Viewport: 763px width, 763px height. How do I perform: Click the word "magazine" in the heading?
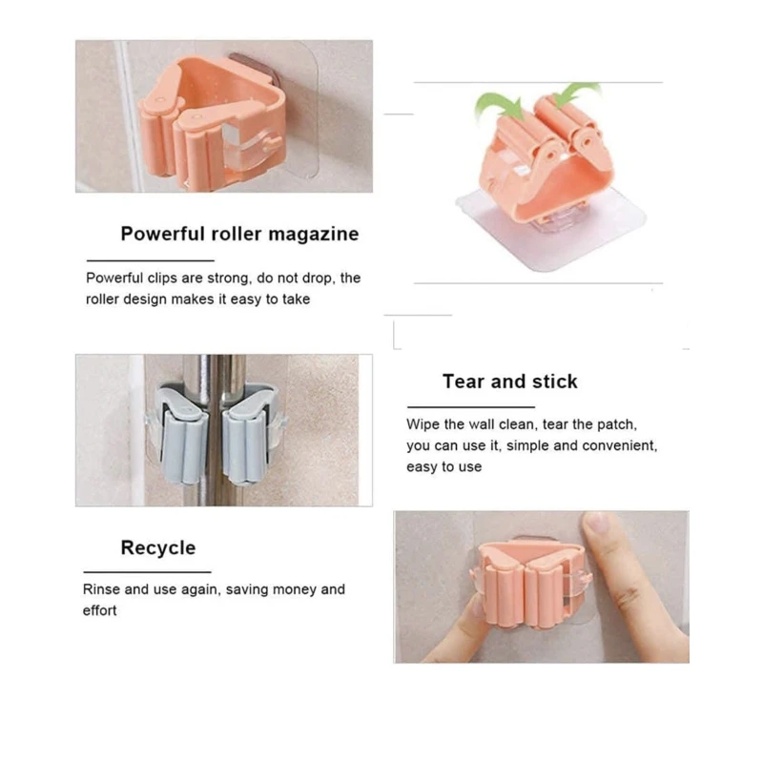(314, 235)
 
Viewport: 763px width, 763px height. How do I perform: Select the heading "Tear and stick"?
(510, 381)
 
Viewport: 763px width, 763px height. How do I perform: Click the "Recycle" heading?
(158, 548)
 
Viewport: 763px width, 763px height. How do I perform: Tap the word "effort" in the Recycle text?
(100, 610)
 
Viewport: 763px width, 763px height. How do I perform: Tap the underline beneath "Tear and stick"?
(471, 407)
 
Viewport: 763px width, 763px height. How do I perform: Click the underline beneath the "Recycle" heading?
(147, 572)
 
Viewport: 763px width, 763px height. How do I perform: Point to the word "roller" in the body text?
(102, 299)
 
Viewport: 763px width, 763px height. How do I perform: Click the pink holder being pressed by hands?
(531, 585)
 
